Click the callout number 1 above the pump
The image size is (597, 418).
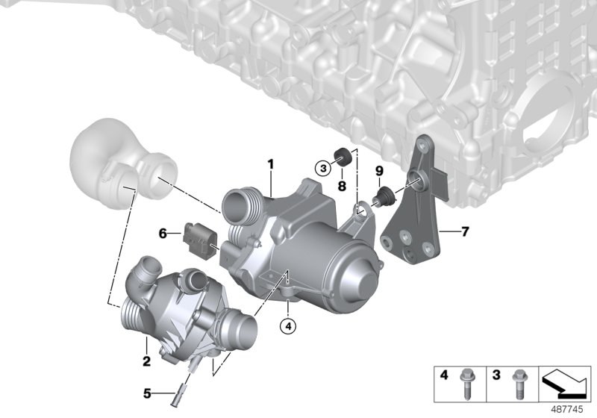(272, 163)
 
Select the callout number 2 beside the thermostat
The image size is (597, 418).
(146, 361)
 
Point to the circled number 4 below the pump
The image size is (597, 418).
(288, 325)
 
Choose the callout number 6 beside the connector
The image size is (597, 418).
(163, 234)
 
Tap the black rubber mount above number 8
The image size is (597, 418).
(345, 157)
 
